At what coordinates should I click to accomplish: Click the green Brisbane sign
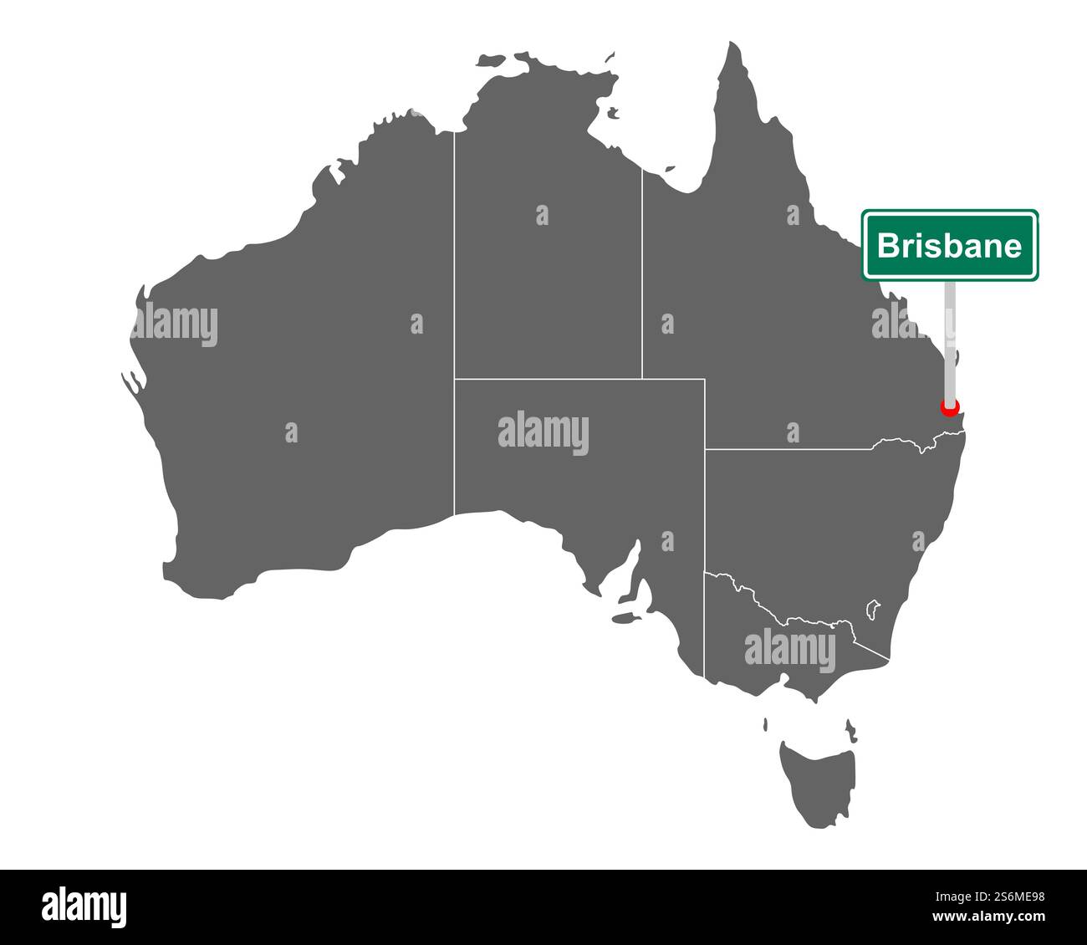tap(950, 245)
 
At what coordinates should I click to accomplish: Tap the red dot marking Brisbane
tap(949, 408)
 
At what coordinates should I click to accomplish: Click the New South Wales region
tap(828, 518)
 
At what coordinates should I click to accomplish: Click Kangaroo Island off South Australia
tap(623, 620)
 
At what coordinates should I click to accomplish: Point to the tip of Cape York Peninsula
tap(733, 46)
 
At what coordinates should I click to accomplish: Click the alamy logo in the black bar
tap(84, 907)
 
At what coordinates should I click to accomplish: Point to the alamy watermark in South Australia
tap(543, 434)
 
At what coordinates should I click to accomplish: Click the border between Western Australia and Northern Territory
tap(454, 318)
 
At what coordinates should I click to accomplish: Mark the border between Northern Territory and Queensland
tap(642, 276)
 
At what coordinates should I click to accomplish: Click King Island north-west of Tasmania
tap(766, 724)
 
